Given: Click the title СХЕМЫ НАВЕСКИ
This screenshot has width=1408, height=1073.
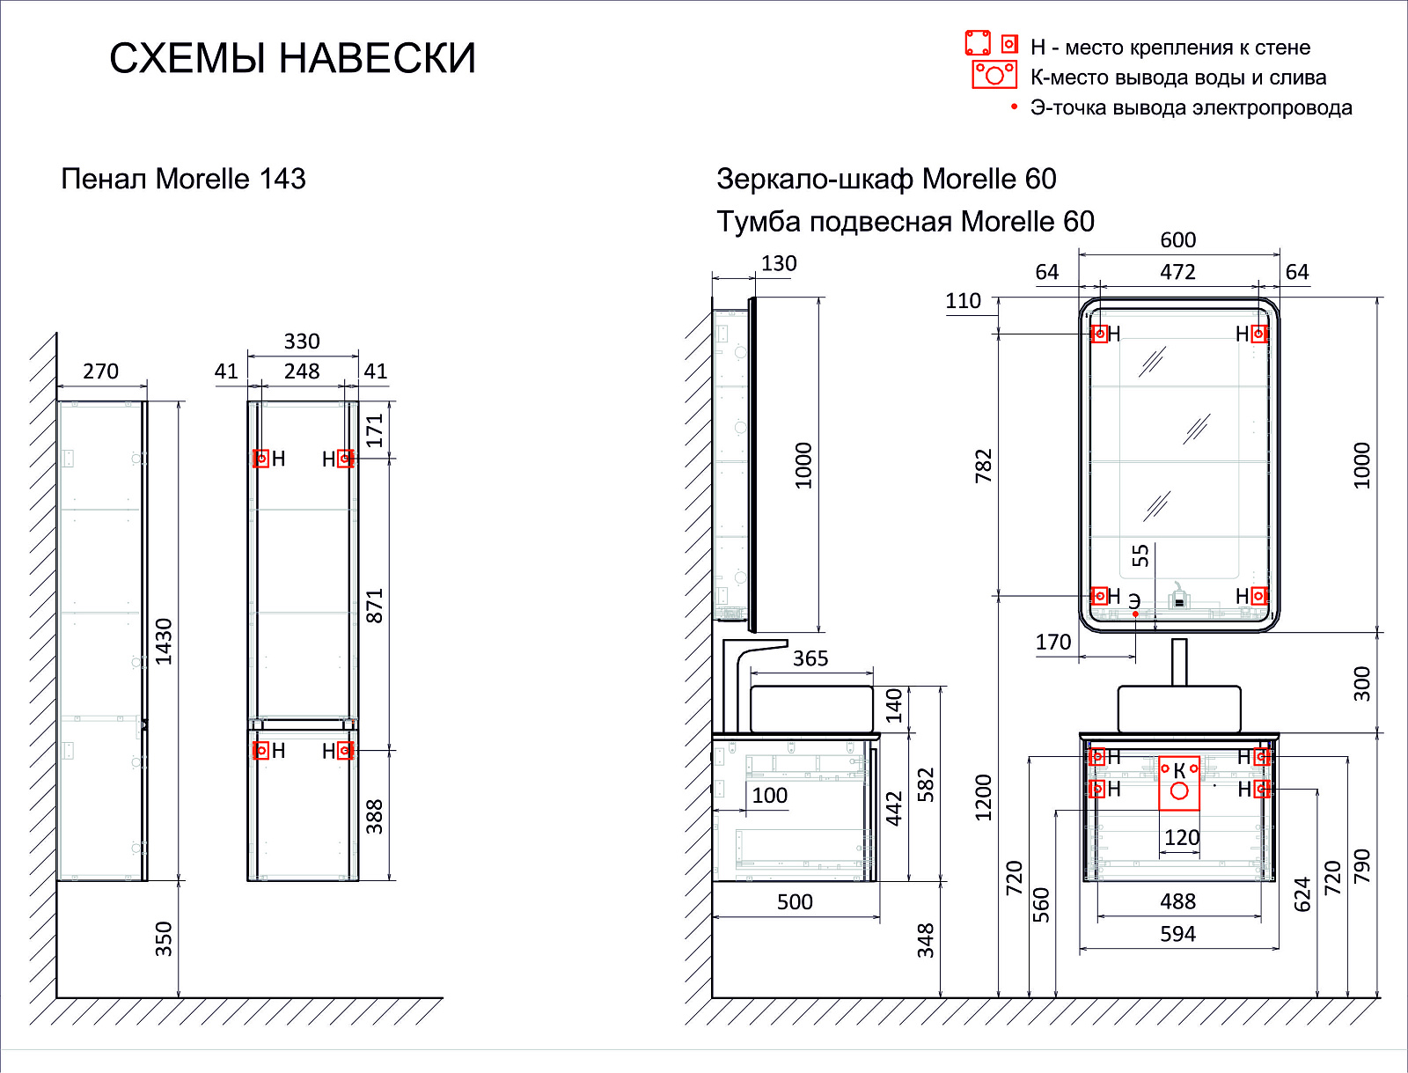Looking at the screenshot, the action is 292,58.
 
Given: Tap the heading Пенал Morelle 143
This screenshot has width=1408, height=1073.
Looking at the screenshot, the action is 183,179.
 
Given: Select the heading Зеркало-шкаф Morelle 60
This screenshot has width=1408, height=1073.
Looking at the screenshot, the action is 886,180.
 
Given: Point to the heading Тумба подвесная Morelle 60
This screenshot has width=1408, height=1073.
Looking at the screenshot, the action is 906,222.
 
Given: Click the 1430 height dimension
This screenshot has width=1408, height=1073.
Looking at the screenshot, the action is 165,641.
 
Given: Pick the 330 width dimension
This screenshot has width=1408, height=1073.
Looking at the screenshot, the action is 302,342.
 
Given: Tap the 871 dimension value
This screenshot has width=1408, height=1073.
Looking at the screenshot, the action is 374,606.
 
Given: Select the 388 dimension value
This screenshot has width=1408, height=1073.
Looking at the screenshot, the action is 374,817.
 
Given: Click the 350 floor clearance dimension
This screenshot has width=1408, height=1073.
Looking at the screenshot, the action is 165,939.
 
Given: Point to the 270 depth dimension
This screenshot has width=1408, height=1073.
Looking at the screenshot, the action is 100,371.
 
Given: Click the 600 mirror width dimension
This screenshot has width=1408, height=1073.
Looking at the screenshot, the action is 1177,240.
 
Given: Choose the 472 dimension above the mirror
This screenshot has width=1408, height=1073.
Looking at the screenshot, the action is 1177,272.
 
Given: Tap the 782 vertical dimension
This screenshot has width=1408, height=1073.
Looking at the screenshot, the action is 983,466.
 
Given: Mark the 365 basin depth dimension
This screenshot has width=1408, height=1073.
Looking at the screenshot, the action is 810,658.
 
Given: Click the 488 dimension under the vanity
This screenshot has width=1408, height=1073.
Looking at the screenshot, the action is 1177,901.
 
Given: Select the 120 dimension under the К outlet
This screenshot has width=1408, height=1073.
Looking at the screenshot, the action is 1182,838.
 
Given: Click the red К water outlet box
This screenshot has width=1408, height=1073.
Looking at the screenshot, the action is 1179,783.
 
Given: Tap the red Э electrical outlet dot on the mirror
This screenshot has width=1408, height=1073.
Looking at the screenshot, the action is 1135,614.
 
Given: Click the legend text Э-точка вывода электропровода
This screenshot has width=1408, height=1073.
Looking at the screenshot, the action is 1192,107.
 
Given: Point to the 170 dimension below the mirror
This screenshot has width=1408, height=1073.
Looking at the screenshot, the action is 1053,642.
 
